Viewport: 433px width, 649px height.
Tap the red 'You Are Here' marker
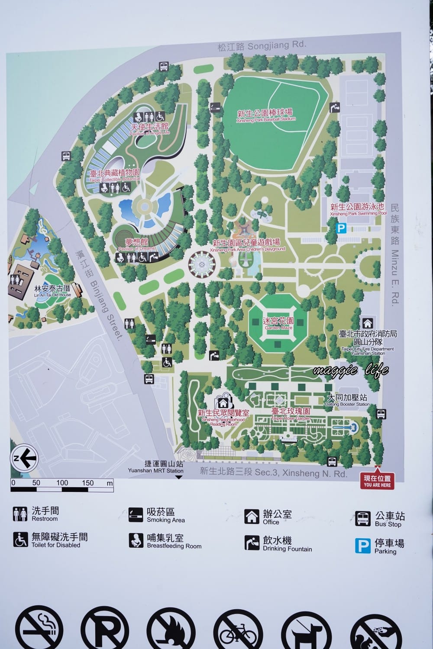pos(377,481)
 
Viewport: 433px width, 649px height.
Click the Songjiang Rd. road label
pos(262,45)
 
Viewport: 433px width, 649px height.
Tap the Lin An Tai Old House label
pos(52,290)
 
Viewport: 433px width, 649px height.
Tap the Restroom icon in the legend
pos(20,514)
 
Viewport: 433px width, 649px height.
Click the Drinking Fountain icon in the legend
pos(252,543)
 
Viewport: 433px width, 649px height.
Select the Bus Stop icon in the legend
pos(363,518)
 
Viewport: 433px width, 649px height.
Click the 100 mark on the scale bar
pos(62,483)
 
